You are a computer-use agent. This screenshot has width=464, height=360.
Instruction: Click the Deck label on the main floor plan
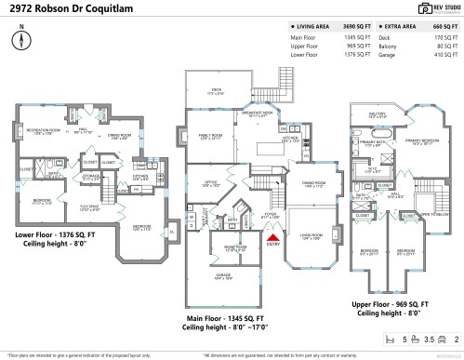pyautogui.click(x=217, y=91)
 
